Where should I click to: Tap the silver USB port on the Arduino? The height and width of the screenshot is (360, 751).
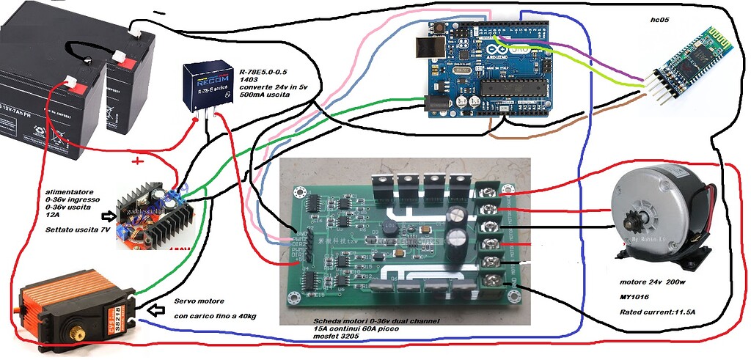point(425,48)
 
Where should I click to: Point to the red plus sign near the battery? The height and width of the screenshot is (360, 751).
point(136,160)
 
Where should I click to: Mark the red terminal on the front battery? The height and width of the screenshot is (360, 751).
point(71,81)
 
